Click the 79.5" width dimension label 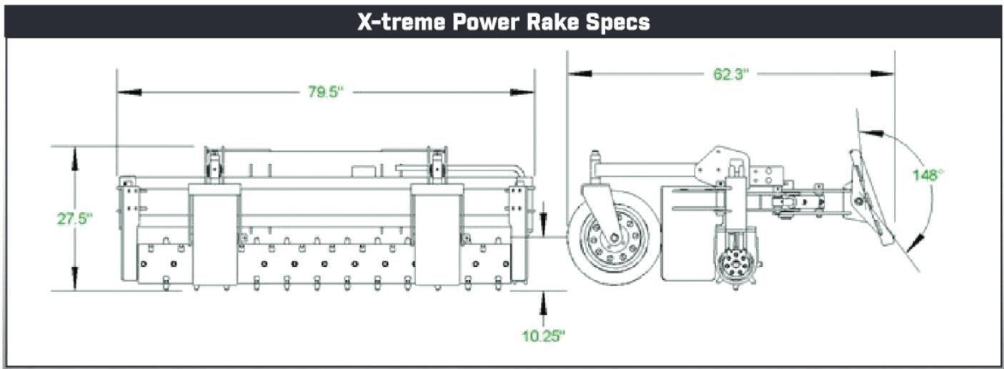tap(325, 92)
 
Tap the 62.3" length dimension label tap(731, 74)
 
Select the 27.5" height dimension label tap(75, 219)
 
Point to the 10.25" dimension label tap(544, 336)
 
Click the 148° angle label tap(928, 175)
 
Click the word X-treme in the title tap(402, 22)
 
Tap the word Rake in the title tap(552, 22)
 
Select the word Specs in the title tap(617, 22)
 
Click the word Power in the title tap(487, 22)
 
